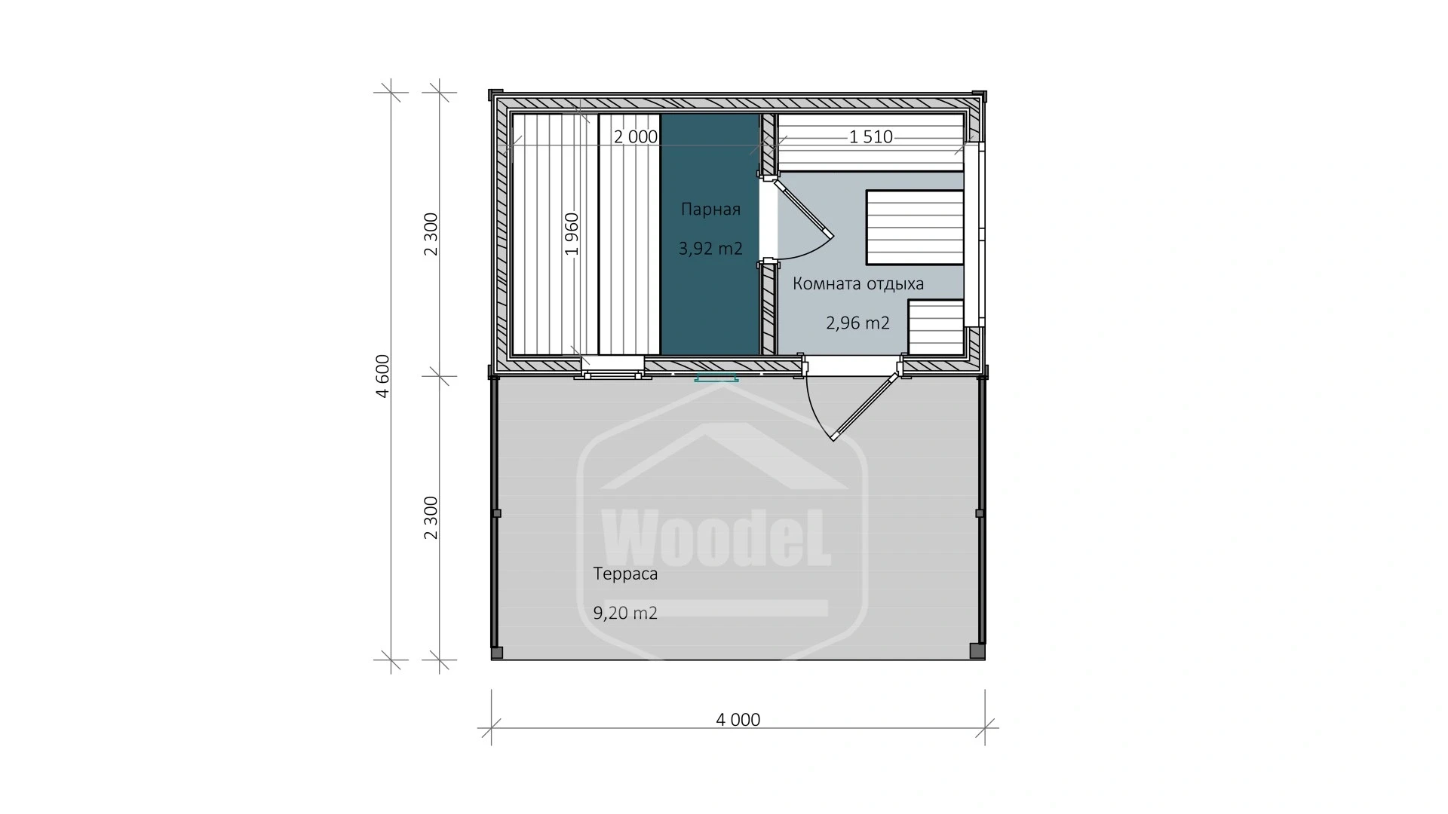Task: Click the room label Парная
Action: tap(710, 210)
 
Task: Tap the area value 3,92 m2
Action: tap(710, 248)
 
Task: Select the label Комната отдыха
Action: tap(858, 284)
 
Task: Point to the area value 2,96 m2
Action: tap(857, 323)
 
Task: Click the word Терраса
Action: tap(625, 574)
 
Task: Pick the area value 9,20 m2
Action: tap(625, 614)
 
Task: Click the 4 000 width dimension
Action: tap(738, 720)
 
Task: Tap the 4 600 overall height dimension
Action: tap(383, 375)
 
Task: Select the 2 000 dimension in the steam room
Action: tap(635, 137)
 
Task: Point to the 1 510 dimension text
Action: tap(870, 137)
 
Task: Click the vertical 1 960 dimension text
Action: tap(572, 234)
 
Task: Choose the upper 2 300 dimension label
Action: tap(431, 234)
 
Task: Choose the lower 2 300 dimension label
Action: tap(431, 518)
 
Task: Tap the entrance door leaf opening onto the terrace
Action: tap(865, 405)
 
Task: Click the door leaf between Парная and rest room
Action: tap(805, 204)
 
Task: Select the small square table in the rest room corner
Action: tap(936, 327)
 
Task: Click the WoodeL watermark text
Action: tap(716, 537)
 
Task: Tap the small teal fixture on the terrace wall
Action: tap(716, 378)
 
